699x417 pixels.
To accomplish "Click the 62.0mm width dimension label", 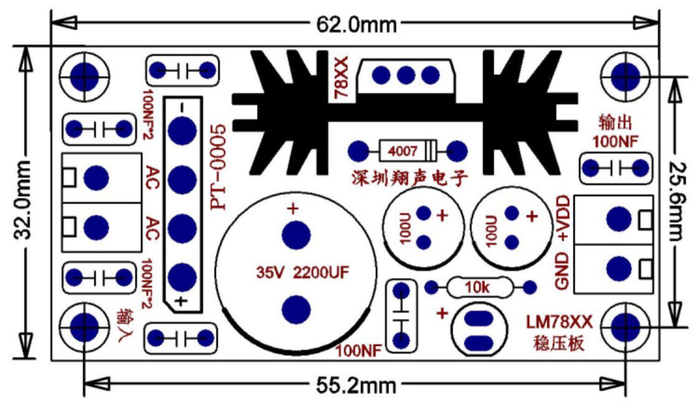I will click(x=356, y=24).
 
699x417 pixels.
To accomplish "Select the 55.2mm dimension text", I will click(x=356, y=386).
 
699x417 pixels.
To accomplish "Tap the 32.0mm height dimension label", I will click(x=23, y=200).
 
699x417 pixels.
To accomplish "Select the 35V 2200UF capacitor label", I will click(x=302, y=273).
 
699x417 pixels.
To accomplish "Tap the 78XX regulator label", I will click(x=342, y=77).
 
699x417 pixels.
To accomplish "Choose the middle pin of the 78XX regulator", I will click(x=406, y=75).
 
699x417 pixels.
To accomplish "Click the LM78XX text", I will click(x=560, y=322).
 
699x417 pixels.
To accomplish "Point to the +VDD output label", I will click(x=563, y=219).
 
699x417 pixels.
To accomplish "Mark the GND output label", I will click(x=562, y=271).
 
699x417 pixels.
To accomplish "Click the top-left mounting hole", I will click(x=84, y=75).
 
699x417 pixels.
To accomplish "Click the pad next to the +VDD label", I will click(x=619, y=219).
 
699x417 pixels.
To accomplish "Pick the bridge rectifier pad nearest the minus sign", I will click(x=182, y=130).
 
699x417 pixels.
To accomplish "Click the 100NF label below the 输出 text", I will click(x=615, y=141).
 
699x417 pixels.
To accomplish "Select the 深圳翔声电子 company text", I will click(x=410, y=178).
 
